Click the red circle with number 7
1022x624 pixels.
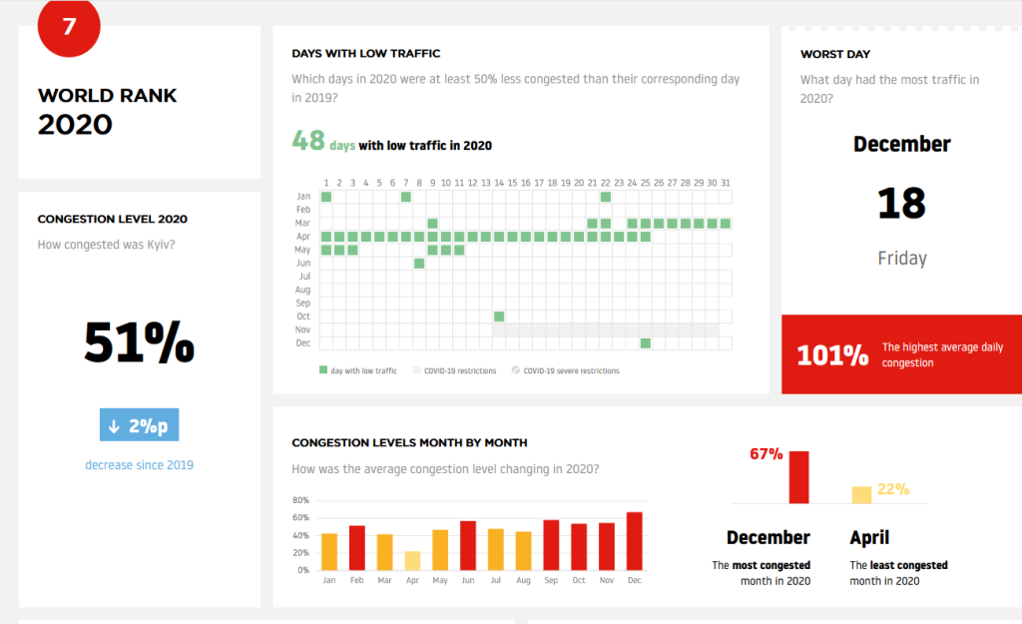[69, 26]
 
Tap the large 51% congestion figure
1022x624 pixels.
[139, 342]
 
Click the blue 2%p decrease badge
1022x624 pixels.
[139, 425]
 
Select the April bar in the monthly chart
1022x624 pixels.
[412, 560]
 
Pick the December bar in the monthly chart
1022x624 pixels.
[634, 540]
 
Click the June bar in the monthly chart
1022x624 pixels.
[468, 545]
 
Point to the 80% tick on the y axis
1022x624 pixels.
[300, 500]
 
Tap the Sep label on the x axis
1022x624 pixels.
[551, 580]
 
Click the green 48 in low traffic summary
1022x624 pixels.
[308, 142]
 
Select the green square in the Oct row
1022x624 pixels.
[499, 316]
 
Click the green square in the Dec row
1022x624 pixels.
[646, 343]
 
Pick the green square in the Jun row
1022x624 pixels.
[419, 264]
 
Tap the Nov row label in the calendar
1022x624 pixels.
[304, 329]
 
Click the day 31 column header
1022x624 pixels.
[725, 183]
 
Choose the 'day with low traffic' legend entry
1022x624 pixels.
[358, 370]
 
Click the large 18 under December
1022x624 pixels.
[901, 203]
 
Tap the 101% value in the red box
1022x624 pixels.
[832, 355]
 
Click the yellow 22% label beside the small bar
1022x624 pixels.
[893, 489]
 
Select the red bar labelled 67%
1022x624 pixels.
[798, 477]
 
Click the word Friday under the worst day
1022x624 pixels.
[902, 259]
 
